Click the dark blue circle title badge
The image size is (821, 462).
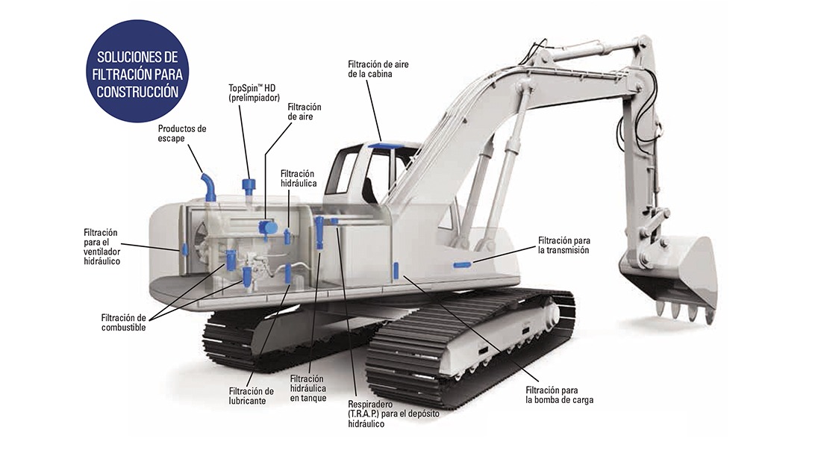[x=137, y=71]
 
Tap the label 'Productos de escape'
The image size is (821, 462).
[x=181, y=134]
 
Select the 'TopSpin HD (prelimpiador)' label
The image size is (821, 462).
[x=254, y=93]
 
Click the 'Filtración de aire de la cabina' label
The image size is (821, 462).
[x=378, y=69]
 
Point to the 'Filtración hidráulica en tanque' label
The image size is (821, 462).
[x=308, y=388]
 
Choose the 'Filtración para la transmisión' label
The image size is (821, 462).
[x=564, y=245]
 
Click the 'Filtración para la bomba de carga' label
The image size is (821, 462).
[x=559, y=395]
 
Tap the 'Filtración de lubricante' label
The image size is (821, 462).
[x=252, y=396]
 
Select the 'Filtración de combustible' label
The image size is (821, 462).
[x=124, y=322]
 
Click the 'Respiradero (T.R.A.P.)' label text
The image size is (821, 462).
[x=393, y=413]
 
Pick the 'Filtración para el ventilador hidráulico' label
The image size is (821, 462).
[x=102, y=247]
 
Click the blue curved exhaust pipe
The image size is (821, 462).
[x=208, y=187]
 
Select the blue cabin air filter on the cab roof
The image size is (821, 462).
[x=381, y=146]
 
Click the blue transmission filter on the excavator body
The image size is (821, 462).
[x=462, y=264]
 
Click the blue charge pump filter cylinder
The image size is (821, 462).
[x=396, y=270]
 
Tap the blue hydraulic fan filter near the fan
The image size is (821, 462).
[x=185, y=249]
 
